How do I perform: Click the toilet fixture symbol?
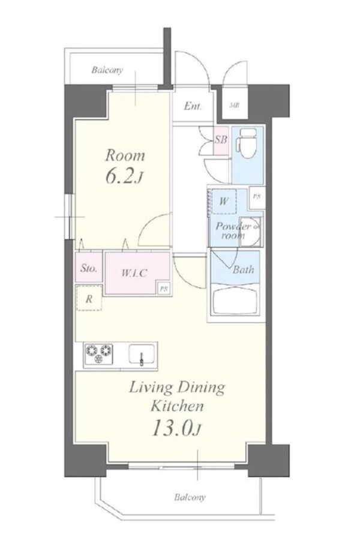pos(248,144)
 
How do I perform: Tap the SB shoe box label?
pos(221,139)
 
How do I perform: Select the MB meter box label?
pos(234,105)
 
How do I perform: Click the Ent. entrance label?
pos(193,106)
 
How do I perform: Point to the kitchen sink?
pos(142,355)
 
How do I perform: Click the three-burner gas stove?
pos(98,354)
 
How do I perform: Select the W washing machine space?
pos(224,202)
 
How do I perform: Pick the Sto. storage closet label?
pos(89,268)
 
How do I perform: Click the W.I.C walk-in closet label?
pos(134,273)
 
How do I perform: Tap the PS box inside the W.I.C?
pos(163,289)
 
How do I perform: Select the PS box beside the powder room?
pos(256,196)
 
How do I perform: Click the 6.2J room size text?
pos(125,177)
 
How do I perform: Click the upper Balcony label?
pos(107,70)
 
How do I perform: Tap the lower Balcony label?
pos(190,497)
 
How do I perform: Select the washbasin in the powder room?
pos(250,232)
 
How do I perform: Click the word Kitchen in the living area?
pos(177,406)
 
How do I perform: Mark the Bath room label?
pos(244,269)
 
